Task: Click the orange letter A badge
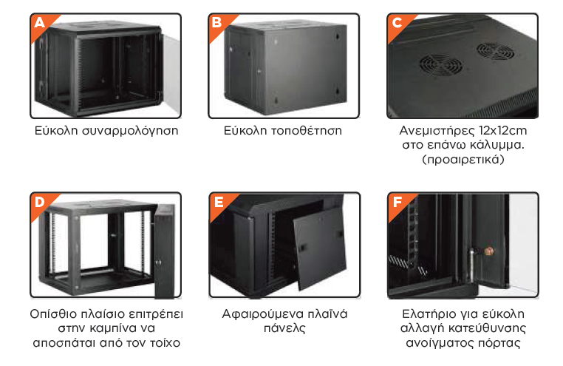[x=40, y=24]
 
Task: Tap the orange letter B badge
[x=217, y=24]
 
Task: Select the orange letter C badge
[x=397, y=24]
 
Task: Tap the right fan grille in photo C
[x=496, y=51]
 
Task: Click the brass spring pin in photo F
[x=488, y=251]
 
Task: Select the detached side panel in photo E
[x=320, y=248]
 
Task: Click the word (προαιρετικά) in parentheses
[x=463, y=159]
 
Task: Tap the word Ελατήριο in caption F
[x=427, y=315]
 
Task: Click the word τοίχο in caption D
[x=165, y=343]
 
